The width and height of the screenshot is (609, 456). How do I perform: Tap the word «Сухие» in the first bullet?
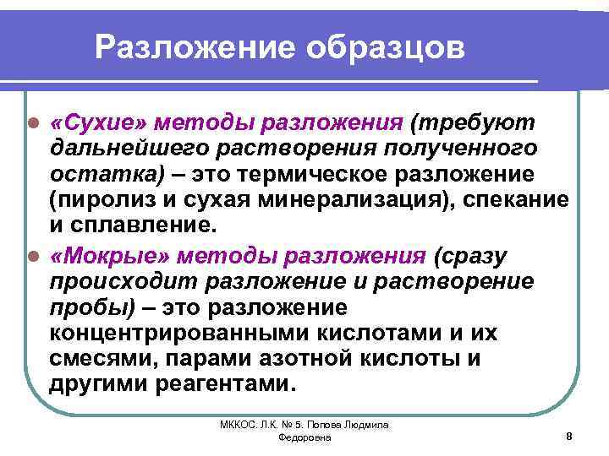[x=92, y=122]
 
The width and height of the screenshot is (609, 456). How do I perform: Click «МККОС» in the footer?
[x=233, y=426]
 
